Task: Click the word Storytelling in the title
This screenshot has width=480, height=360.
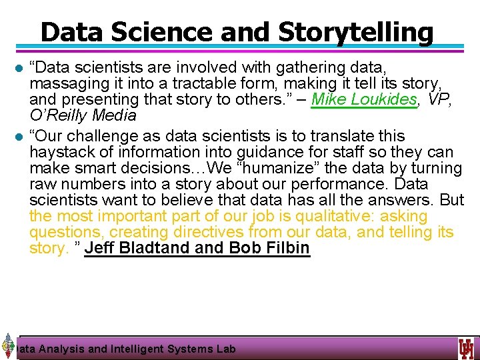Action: point(355,31)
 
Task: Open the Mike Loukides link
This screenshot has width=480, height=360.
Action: point(363,100)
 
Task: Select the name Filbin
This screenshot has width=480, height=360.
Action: point(284,249)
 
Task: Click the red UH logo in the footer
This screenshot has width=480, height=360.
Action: point(466,348)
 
